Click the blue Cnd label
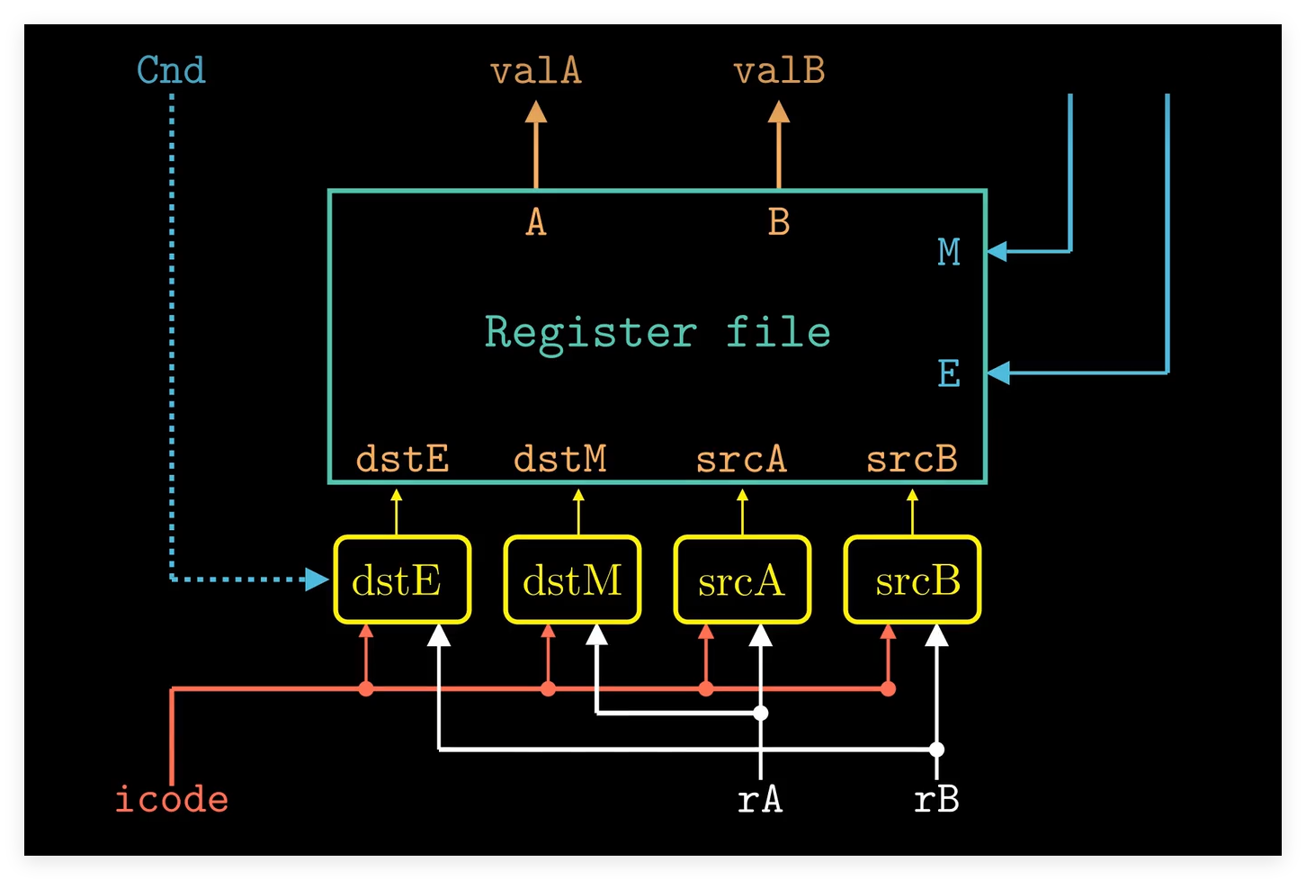coord(171,70)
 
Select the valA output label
coord(536,71)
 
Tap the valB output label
coord(779,71)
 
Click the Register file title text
coord(657,332)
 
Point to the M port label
coord(949,252)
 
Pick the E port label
coord(949,373)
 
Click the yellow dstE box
coord(402,579)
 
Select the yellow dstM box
coord(572,579)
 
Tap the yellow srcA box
coord(742,579)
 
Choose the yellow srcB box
coord(912,579)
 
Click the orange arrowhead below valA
coord(536,112)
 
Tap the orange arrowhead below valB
coord(779,112)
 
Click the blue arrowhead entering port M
coord(997,251)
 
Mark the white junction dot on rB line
coord(936,749)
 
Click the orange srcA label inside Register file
coord(741,460)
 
